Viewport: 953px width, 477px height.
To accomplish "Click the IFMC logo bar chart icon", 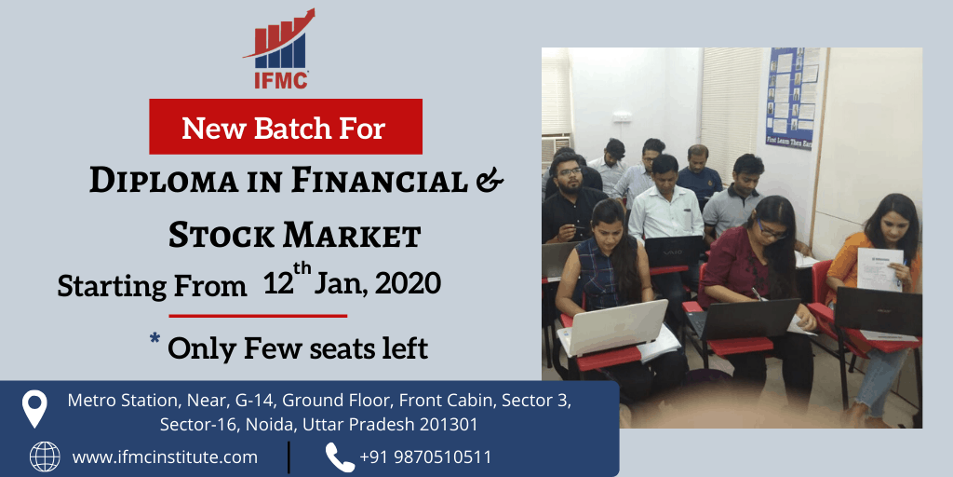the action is pos(279,39).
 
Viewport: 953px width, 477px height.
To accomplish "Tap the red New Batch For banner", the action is pos(286,127).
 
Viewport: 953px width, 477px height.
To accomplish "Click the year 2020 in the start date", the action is pos(408,284).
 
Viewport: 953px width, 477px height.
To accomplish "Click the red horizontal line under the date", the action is pos(258,316).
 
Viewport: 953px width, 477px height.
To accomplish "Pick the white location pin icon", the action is pos(34,408).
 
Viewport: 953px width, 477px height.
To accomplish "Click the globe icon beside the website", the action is pos(45,457).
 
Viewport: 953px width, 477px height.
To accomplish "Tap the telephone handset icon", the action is pos(340,457).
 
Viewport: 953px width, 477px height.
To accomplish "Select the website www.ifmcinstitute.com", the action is pos(165,457).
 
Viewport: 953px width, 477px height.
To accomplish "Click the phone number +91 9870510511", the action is pos(425,457).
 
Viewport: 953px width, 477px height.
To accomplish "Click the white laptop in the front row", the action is pos(613,326).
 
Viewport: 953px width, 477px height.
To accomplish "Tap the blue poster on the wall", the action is pos(793,97).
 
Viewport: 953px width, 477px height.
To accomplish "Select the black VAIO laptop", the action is pos(673,252).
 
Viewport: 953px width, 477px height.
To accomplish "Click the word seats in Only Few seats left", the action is pos(339,348).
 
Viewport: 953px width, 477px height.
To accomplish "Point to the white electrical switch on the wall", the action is pos(620,116).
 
